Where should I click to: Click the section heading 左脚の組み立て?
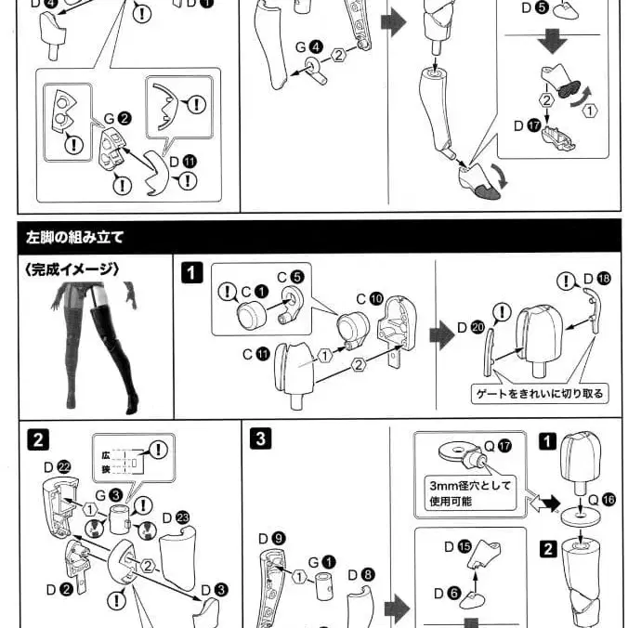tap(74, 237)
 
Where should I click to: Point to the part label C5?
tap(290, 276)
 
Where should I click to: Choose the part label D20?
tap(471, 327)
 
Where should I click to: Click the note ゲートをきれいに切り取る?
tap(538, 394)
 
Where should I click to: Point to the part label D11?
tap(184, 161)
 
